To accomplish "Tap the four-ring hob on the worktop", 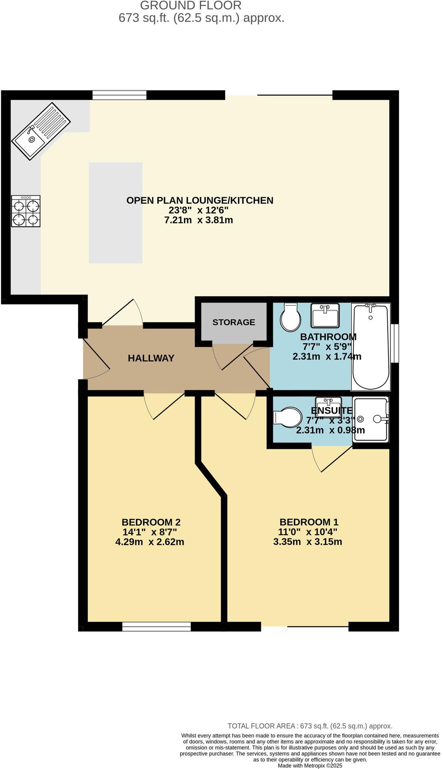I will pos(26,211).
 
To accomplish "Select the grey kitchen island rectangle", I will pos(116,212).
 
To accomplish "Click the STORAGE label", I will pos(234,322).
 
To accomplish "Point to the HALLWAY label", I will pos(151,358).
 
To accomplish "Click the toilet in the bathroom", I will pos(290,317).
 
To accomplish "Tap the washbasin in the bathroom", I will pos(325,315).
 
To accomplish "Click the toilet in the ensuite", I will pos(287,417).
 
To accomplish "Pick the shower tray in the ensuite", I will pos(370,419).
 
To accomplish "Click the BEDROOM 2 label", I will pos(151,522).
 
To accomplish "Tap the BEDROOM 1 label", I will pos(309,522).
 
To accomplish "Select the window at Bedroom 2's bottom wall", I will pos(156,627).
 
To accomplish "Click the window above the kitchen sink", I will pos(119,95).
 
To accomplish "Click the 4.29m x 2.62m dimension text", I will pos(150,542).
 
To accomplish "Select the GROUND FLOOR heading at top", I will pos(191,6).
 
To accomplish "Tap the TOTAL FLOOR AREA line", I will pos(310,726).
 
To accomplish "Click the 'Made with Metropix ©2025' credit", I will pos(310,765).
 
